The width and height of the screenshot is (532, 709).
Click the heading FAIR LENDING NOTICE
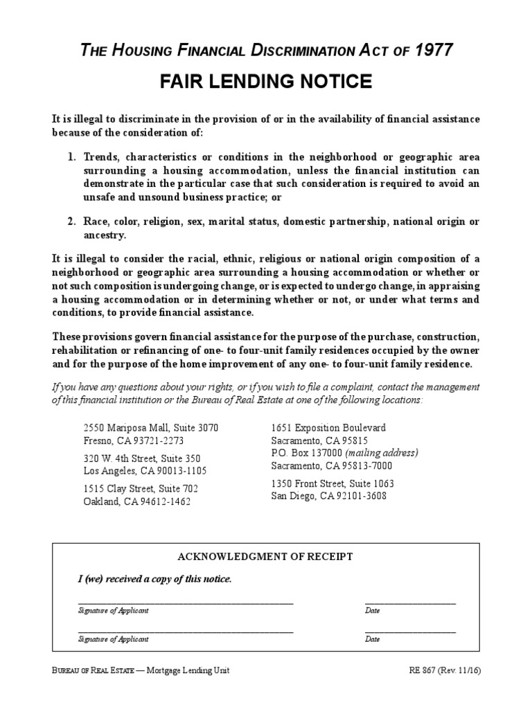click(x=266, y=82)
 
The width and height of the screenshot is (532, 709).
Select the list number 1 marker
click(x=72, y=157)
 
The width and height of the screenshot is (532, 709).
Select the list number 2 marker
click(x=72, y=222)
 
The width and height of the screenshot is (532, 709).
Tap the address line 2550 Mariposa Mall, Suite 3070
click(x=150, y=428)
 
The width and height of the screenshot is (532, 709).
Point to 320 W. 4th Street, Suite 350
click(x=142, y=458)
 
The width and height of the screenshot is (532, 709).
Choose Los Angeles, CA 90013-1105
click(x=145, y=471)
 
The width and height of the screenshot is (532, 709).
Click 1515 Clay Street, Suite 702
click(x=141, y=489)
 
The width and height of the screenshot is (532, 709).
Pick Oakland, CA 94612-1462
click(x=137, y=501)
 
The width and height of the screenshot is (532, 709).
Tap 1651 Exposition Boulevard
click(x=328, y=428)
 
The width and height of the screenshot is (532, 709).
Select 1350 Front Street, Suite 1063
click(x=332, y=483)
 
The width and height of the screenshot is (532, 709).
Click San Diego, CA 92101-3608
click(x=329, y=496)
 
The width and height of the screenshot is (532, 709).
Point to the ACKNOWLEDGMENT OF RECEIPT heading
click(x=265, y=557)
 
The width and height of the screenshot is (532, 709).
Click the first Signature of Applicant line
click(x=186, y=603)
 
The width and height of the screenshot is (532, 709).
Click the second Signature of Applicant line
click(x=186, y=631)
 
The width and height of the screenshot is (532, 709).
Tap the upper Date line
click(x=410, y=603)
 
